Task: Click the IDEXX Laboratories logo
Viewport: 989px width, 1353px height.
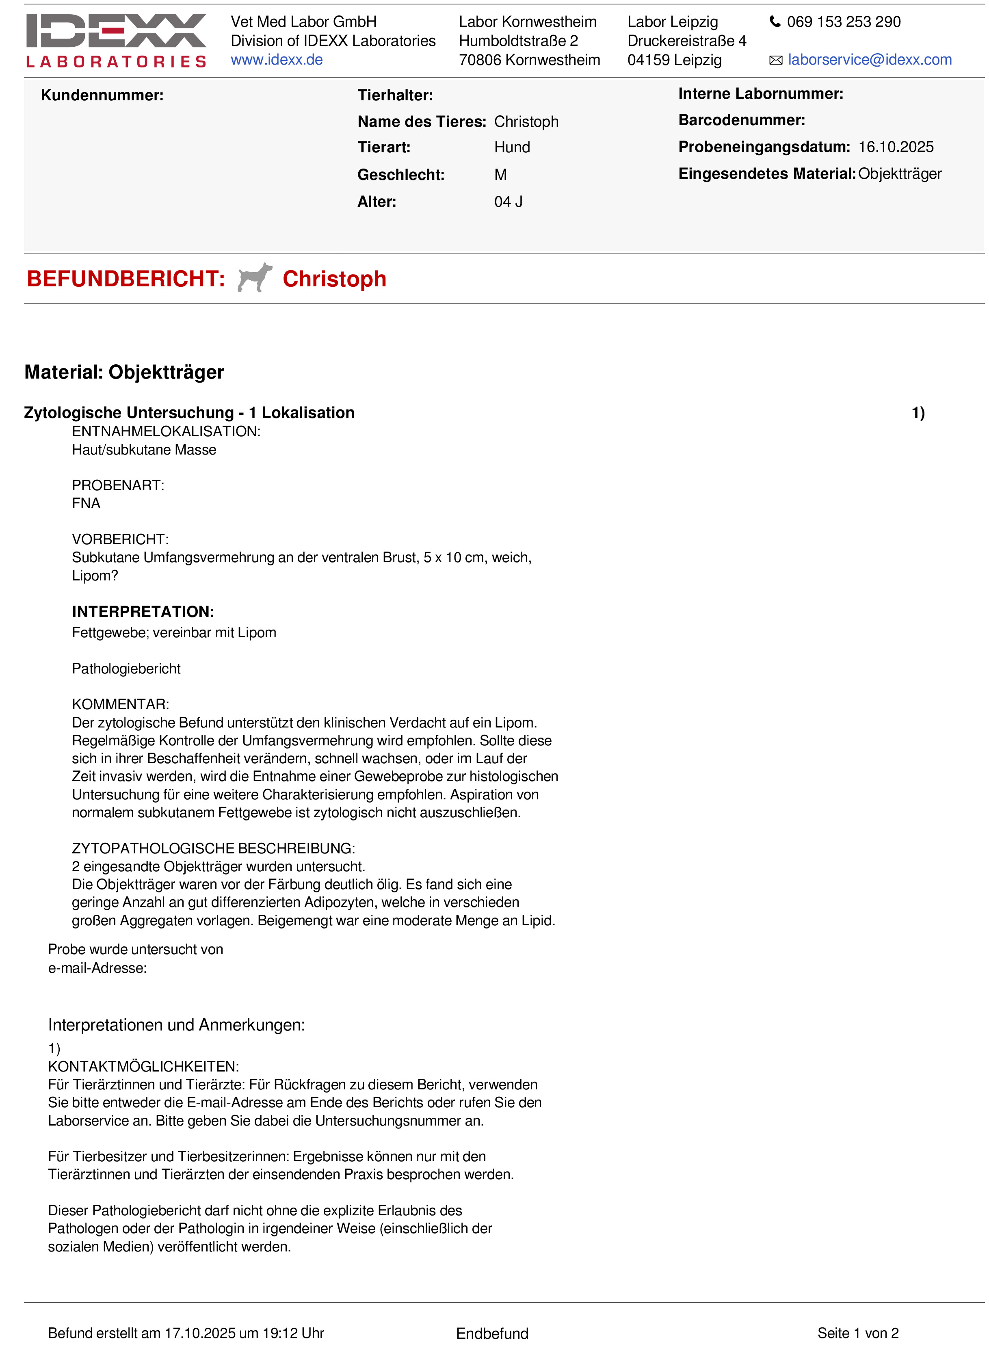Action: pyautogui.click(x=116, y=40)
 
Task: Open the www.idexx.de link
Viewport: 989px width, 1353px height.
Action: pyautogui.click(x=277, y=60)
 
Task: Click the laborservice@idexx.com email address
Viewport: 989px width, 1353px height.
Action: pyautogui.click(x=869, y=60)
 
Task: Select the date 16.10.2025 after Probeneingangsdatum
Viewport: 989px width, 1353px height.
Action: pyautogui.click(x=896, y=147)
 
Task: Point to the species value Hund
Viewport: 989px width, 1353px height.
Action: pyautogui.click(x=512, y=147)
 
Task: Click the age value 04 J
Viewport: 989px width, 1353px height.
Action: pyautogui.click(x=508, y=202)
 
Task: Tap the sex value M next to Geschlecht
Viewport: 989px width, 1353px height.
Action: pyautogui.click(x=500, y=175)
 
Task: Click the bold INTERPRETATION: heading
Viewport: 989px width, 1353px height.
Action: pyautogui.click(x=143, y=611)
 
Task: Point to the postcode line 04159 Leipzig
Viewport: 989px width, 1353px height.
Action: pyautogui.click(x=674, y=60)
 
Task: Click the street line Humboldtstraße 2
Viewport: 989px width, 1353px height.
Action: pyautogui.click(x=518, y=41)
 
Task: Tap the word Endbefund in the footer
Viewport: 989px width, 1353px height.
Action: pyautogui.click(x=492, y=1333)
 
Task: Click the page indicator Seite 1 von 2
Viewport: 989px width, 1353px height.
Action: pyautogui.click(x=857, y=1333)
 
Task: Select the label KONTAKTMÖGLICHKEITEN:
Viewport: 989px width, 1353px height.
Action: pyautogui.click(x=143, y=1066)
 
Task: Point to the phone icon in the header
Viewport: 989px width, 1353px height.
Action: pyautogui.click(x=775, y=22)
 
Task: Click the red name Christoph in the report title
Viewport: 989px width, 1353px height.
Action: pyautogui.click(x=334, y=279)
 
